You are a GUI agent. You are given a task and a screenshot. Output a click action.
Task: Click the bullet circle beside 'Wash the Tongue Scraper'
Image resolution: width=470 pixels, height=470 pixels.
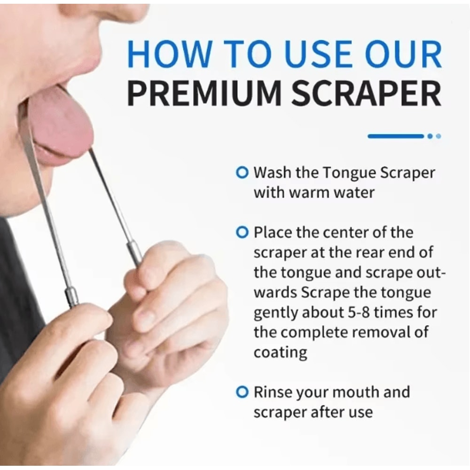242,173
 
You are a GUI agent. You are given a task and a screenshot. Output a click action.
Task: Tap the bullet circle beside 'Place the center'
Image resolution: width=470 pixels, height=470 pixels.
242,232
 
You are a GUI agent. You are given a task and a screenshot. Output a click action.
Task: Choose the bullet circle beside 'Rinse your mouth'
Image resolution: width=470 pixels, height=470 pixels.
242,392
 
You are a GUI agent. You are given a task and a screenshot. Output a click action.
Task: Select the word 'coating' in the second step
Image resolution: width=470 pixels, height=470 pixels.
281,352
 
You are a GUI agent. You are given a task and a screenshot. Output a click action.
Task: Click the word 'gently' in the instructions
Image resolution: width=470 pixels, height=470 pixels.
274,313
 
